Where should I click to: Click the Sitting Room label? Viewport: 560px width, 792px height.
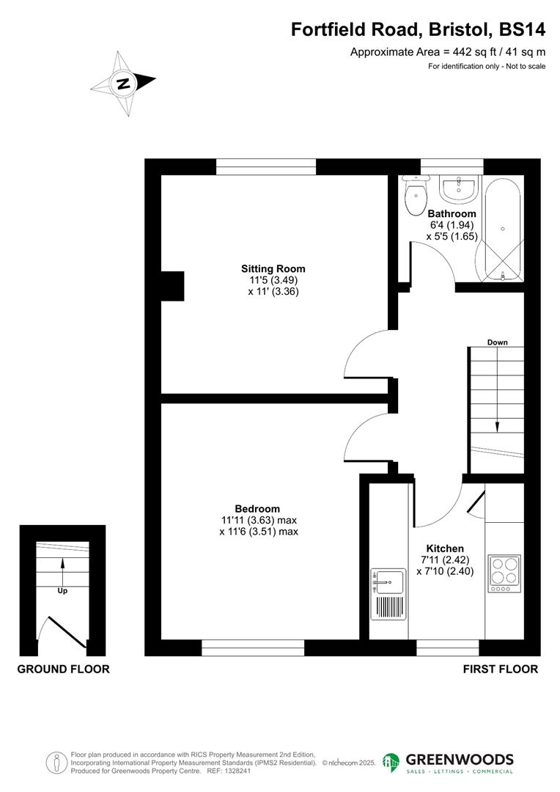pos(273,268)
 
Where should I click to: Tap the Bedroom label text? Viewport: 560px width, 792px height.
pos(257,509)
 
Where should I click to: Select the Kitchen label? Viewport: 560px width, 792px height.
pos(445,549)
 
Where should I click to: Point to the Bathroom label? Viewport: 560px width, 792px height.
pos(452,214)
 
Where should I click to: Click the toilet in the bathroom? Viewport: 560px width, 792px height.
pos(416,194)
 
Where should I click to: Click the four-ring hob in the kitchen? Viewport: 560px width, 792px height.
pos(504,573)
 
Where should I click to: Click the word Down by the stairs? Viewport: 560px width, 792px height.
pos(497,342)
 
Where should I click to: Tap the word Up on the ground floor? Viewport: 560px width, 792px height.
pos(62,590)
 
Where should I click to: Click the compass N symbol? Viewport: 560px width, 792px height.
pos(123,83)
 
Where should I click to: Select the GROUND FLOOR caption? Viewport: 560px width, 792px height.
pos(63,669)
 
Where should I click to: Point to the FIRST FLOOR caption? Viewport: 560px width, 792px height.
pos(501,669)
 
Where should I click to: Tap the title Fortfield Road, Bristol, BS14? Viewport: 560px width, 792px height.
pos(419,29)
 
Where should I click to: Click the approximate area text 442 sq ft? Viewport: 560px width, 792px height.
pos(447,51)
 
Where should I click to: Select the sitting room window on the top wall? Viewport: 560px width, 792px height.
pos(266,166)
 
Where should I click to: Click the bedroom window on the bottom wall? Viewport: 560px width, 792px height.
pos(253,648)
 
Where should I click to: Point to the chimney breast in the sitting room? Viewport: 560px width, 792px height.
pos(172,286)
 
